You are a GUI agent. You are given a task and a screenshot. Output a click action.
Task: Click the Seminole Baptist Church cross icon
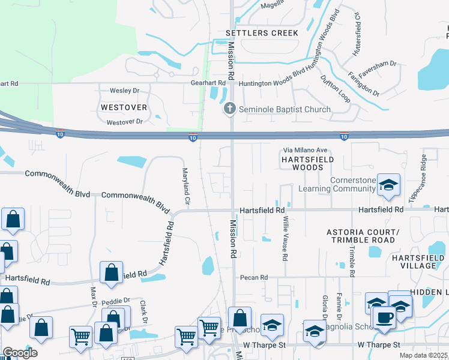pos(229,109)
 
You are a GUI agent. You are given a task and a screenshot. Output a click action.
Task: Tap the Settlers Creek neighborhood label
pos(261,33)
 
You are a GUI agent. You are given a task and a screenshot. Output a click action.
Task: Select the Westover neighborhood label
pos(124,107)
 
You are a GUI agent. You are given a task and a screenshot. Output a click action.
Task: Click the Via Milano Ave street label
pos(306,150)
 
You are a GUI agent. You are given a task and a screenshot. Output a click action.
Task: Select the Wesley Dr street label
pos(124,91)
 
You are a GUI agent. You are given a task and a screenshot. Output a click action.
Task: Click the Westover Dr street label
pos(124,122)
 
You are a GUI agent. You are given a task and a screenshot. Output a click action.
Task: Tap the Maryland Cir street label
pos(186,188)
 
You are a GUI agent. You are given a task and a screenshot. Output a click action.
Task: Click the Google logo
pos(20,353)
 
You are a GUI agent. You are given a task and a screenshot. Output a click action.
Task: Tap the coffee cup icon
pos(385,316)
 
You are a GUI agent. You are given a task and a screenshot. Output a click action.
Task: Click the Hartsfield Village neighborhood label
pos(422,262)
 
